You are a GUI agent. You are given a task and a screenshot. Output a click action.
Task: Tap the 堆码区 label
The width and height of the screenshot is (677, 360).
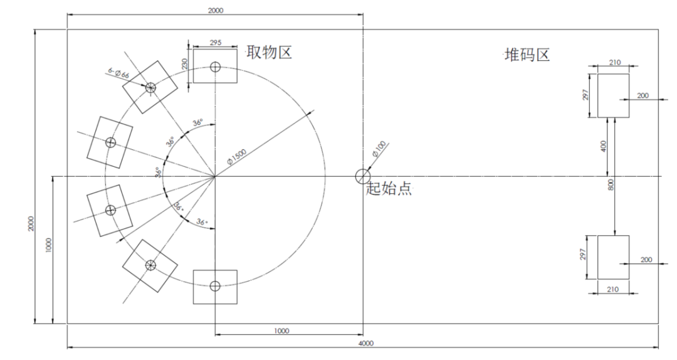tap(527, 55)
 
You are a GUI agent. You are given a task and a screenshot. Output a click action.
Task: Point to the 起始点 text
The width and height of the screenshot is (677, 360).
tap(389, 189)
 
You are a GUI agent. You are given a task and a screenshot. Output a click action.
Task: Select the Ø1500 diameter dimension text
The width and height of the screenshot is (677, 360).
tap(236, 156)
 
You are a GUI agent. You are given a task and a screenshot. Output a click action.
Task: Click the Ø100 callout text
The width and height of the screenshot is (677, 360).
tap(379, 149)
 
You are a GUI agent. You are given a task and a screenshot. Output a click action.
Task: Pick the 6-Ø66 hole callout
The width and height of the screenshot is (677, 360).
tap(118, 73)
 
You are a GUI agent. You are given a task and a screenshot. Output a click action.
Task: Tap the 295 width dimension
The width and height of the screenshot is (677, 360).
tap(216, 43)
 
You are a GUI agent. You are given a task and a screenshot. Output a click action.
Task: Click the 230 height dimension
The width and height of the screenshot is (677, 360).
tap(185, 65)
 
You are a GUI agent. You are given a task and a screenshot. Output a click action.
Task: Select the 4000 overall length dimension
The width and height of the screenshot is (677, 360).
tap(366, 344)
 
